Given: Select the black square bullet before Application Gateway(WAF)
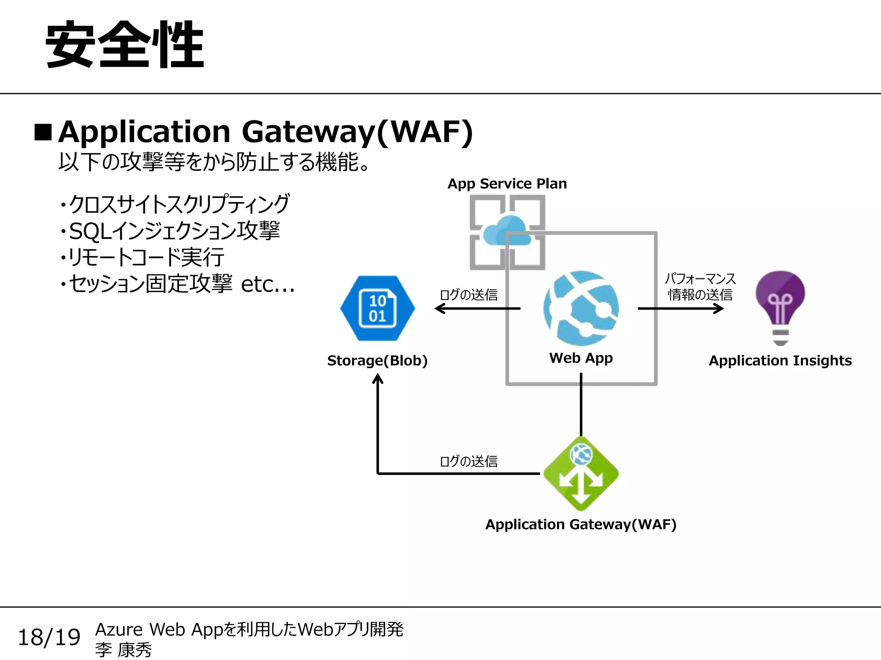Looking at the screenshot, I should point(43,132).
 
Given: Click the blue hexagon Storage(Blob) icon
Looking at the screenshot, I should point(377,308).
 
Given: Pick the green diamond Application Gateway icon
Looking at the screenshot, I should point(581,474).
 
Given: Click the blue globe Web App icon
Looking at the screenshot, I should point(581,308).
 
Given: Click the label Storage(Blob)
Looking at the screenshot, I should point(377,361).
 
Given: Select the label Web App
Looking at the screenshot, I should point(581,358).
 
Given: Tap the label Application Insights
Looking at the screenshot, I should point(780,361).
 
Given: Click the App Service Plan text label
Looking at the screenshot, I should point(507,183).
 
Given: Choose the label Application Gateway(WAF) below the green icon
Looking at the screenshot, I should point(581,524).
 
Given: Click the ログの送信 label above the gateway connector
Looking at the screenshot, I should point(468,461).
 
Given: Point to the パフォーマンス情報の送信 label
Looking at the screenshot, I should point(700,287).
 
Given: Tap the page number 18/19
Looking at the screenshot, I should point(49,637).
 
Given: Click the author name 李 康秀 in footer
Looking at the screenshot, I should point(123,650).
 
